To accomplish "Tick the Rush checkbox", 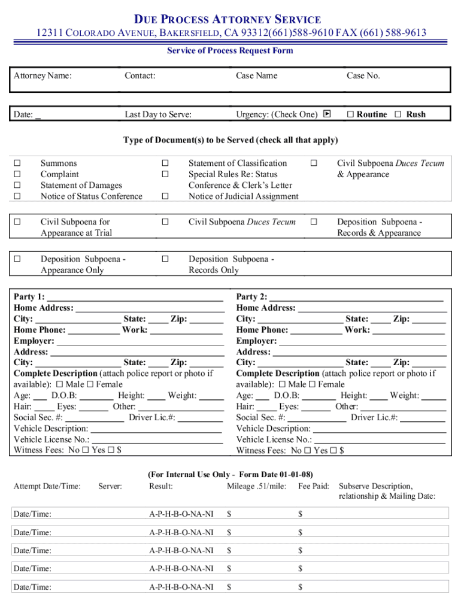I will [398, 114].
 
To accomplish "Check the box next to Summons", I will [17, 163].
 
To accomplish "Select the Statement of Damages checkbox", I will [17, 186].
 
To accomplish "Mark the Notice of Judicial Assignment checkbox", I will [165, 196].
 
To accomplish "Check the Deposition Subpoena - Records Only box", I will [165, 259].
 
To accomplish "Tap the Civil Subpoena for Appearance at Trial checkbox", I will [17, 222].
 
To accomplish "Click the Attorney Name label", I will [43, 75].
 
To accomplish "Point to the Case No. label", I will [363, 75].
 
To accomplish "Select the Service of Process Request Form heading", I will [230, 50].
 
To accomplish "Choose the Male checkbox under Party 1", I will [61, 384].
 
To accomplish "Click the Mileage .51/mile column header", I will [256, 486].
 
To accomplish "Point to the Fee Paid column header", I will [314, 486].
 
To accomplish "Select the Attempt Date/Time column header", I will [47, 486].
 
